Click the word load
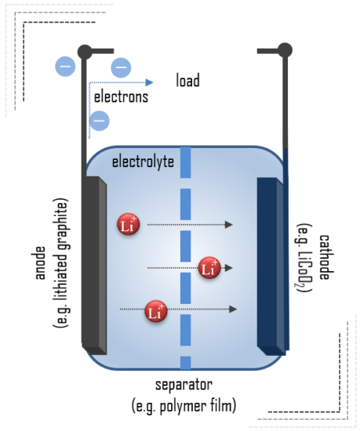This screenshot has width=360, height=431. coord(187,81)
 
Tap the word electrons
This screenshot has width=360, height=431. coord(120,98)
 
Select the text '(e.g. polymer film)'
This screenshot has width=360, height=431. coord(186,406)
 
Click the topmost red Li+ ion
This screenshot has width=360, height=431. coord(129,225)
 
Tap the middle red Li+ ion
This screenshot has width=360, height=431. coord(209,268)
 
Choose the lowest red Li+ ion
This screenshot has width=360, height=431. coord(156,311)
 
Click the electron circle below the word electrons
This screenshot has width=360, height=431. coord(99,121)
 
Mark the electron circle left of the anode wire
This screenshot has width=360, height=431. coord(65,67)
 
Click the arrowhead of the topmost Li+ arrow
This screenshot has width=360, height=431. coord(229,225)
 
